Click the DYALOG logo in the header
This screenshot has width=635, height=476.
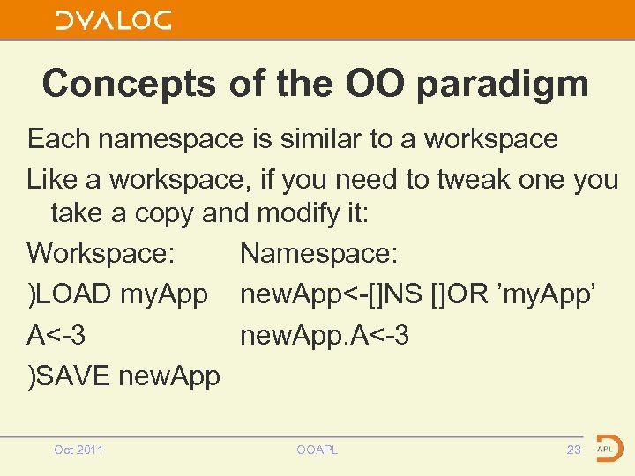tap(114, 20)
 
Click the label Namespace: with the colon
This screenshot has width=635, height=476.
tap(319, 254)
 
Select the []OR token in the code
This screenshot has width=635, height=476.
tap(459, 294)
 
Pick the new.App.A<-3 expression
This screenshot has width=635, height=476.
tap(324, 335)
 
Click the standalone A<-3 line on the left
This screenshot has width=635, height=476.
tap(56, 335)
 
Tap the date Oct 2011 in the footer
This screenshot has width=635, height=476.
tap(78, 450)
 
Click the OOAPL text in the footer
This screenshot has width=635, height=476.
tap(317, 450)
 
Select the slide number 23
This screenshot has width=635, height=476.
tap(573, 450)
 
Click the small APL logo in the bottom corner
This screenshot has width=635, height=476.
tap(608, 449)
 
